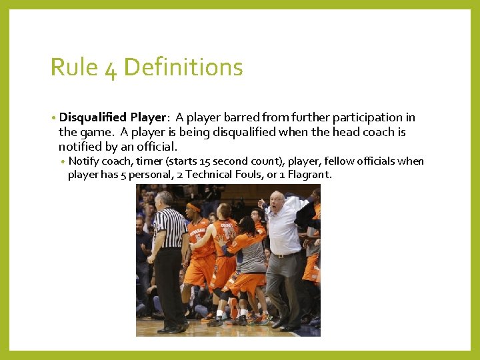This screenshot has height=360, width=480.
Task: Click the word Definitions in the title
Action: tap(183, 67)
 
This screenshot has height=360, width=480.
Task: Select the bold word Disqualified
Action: tap(93, 117)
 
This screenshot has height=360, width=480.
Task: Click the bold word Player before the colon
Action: tap(147, 117)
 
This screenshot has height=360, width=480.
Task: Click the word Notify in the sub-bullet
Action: tap(85, 161)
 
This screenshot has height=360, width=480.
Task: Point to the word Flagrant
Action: tap(308, 175)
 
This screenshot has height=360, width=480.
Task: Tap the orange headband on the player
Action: tap(194, 207)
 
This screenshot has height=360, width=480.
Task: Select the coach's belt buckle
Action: tap(280, 254)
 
